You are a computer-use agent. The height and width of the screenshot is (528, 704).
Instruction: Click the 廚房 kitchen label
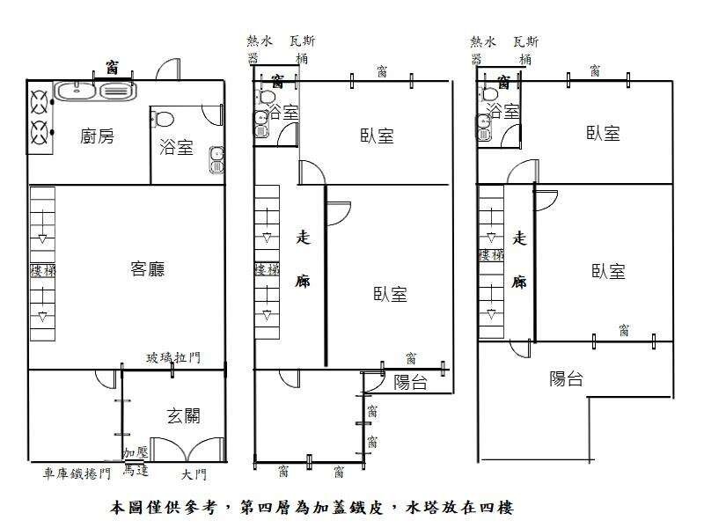point(96,136)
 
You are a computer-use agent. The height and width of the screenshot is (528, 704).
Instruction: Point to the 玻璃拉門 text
point(173,356)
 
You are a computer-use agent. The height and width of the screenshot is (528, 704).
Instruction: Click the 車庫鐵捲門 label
point(77,474)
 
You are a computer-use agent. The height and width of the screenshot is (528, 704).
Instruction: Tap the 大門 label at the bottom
point(194,475)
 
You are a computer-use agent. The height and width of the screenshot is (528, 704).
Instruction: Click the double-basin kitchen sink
point(92,90)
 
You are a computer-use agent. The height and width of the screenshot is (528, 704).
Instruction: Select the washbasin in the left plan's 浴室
point(216,159)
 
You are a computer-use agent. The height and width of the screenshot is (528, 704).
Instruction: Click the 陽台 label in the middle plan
point(411,382)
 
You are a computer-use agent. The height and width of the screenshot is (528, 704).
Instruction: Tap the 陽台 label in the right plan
point(567,379)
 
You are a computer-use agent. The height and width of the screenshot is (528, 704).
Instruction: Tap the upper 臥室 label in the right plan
point(604,133)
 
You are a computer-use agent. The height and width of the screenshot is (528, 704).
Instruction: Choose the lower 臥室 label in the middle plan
point(390,294)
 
